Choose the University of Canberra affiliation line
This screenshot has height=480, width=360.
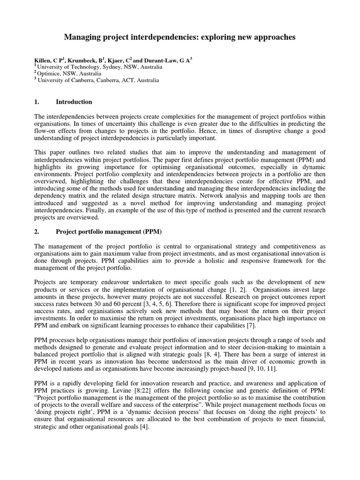pyautogui.click(x=97, y=80)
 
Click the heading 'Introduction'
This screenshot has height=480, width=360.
pyautogui.click(x=74, y=102)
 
